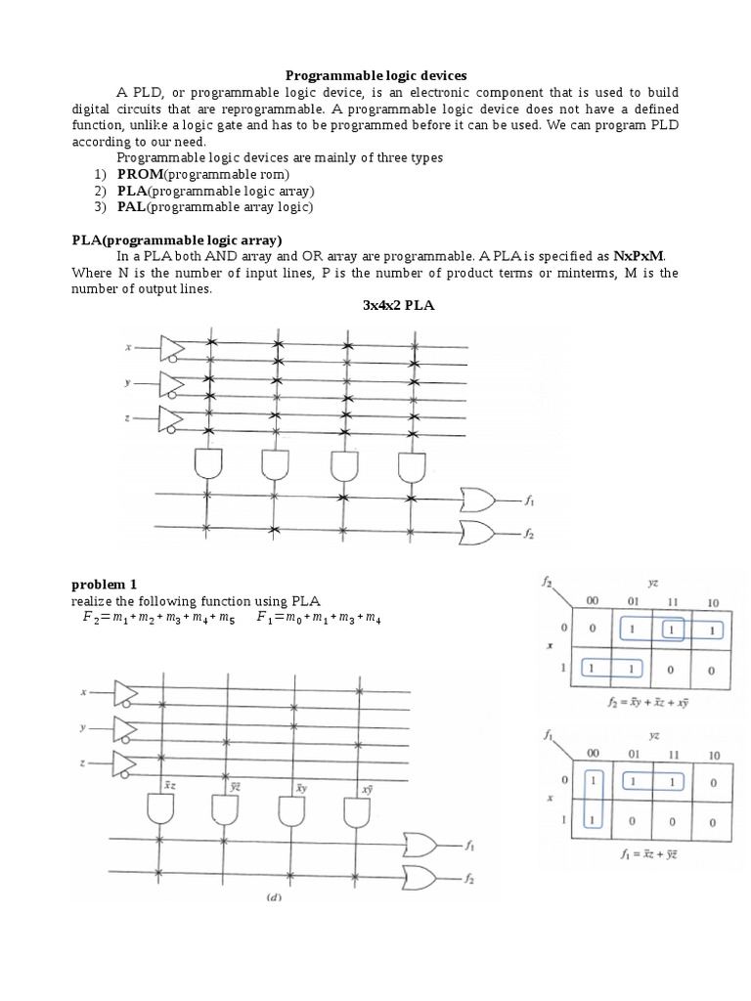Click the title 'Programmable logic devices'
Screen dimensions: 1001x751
click(x=375, y=75)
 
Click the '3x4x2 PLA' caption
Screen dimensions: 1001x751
click(x=398, y=307)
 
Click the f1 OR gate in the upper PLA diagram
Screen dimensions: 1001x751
click(x=477, y=500)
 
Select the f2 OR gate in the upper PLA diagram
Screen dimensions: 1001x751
click(x=477, y=532)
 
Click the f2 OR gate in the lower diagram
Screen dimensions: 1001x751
click(x=420, y=876)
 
